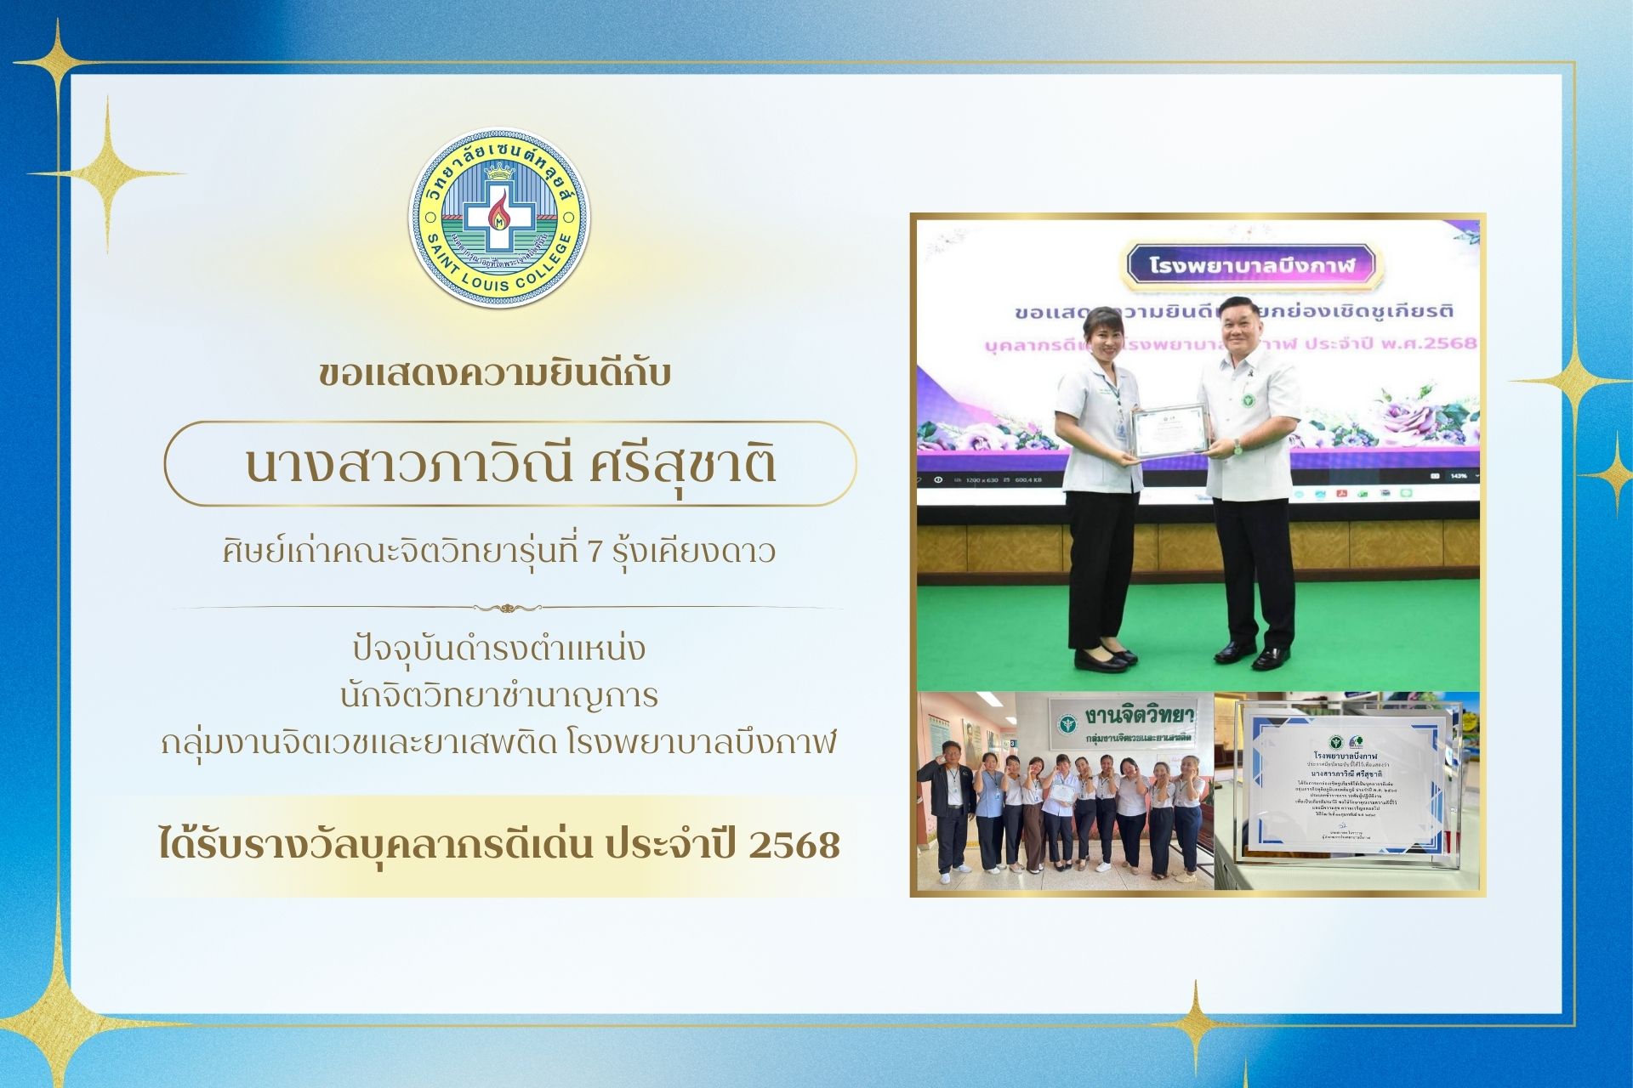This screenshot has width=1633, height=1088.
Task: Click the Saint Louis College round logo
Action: coord(499,218)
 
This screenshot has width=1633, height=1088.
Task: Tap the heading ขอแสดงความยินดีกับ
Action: coord(495,374)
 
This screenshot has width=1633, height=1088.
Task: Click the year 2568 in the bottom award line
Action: coord(794,845)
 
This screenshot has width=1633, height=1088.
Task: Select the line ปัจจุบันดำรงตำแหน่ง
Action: coord(499,649)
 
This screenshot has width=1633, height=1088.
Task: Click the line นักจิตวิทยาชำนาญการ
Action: coord(499,696)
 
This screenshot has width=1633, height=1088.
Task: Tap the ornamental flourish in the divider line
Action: coord(507,608)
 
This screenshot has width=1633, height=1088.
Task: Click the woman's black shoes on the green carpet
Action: coord(1104,657)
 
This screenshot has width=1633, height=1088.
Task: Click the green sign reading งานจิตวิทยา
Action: coord(1124,721)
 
